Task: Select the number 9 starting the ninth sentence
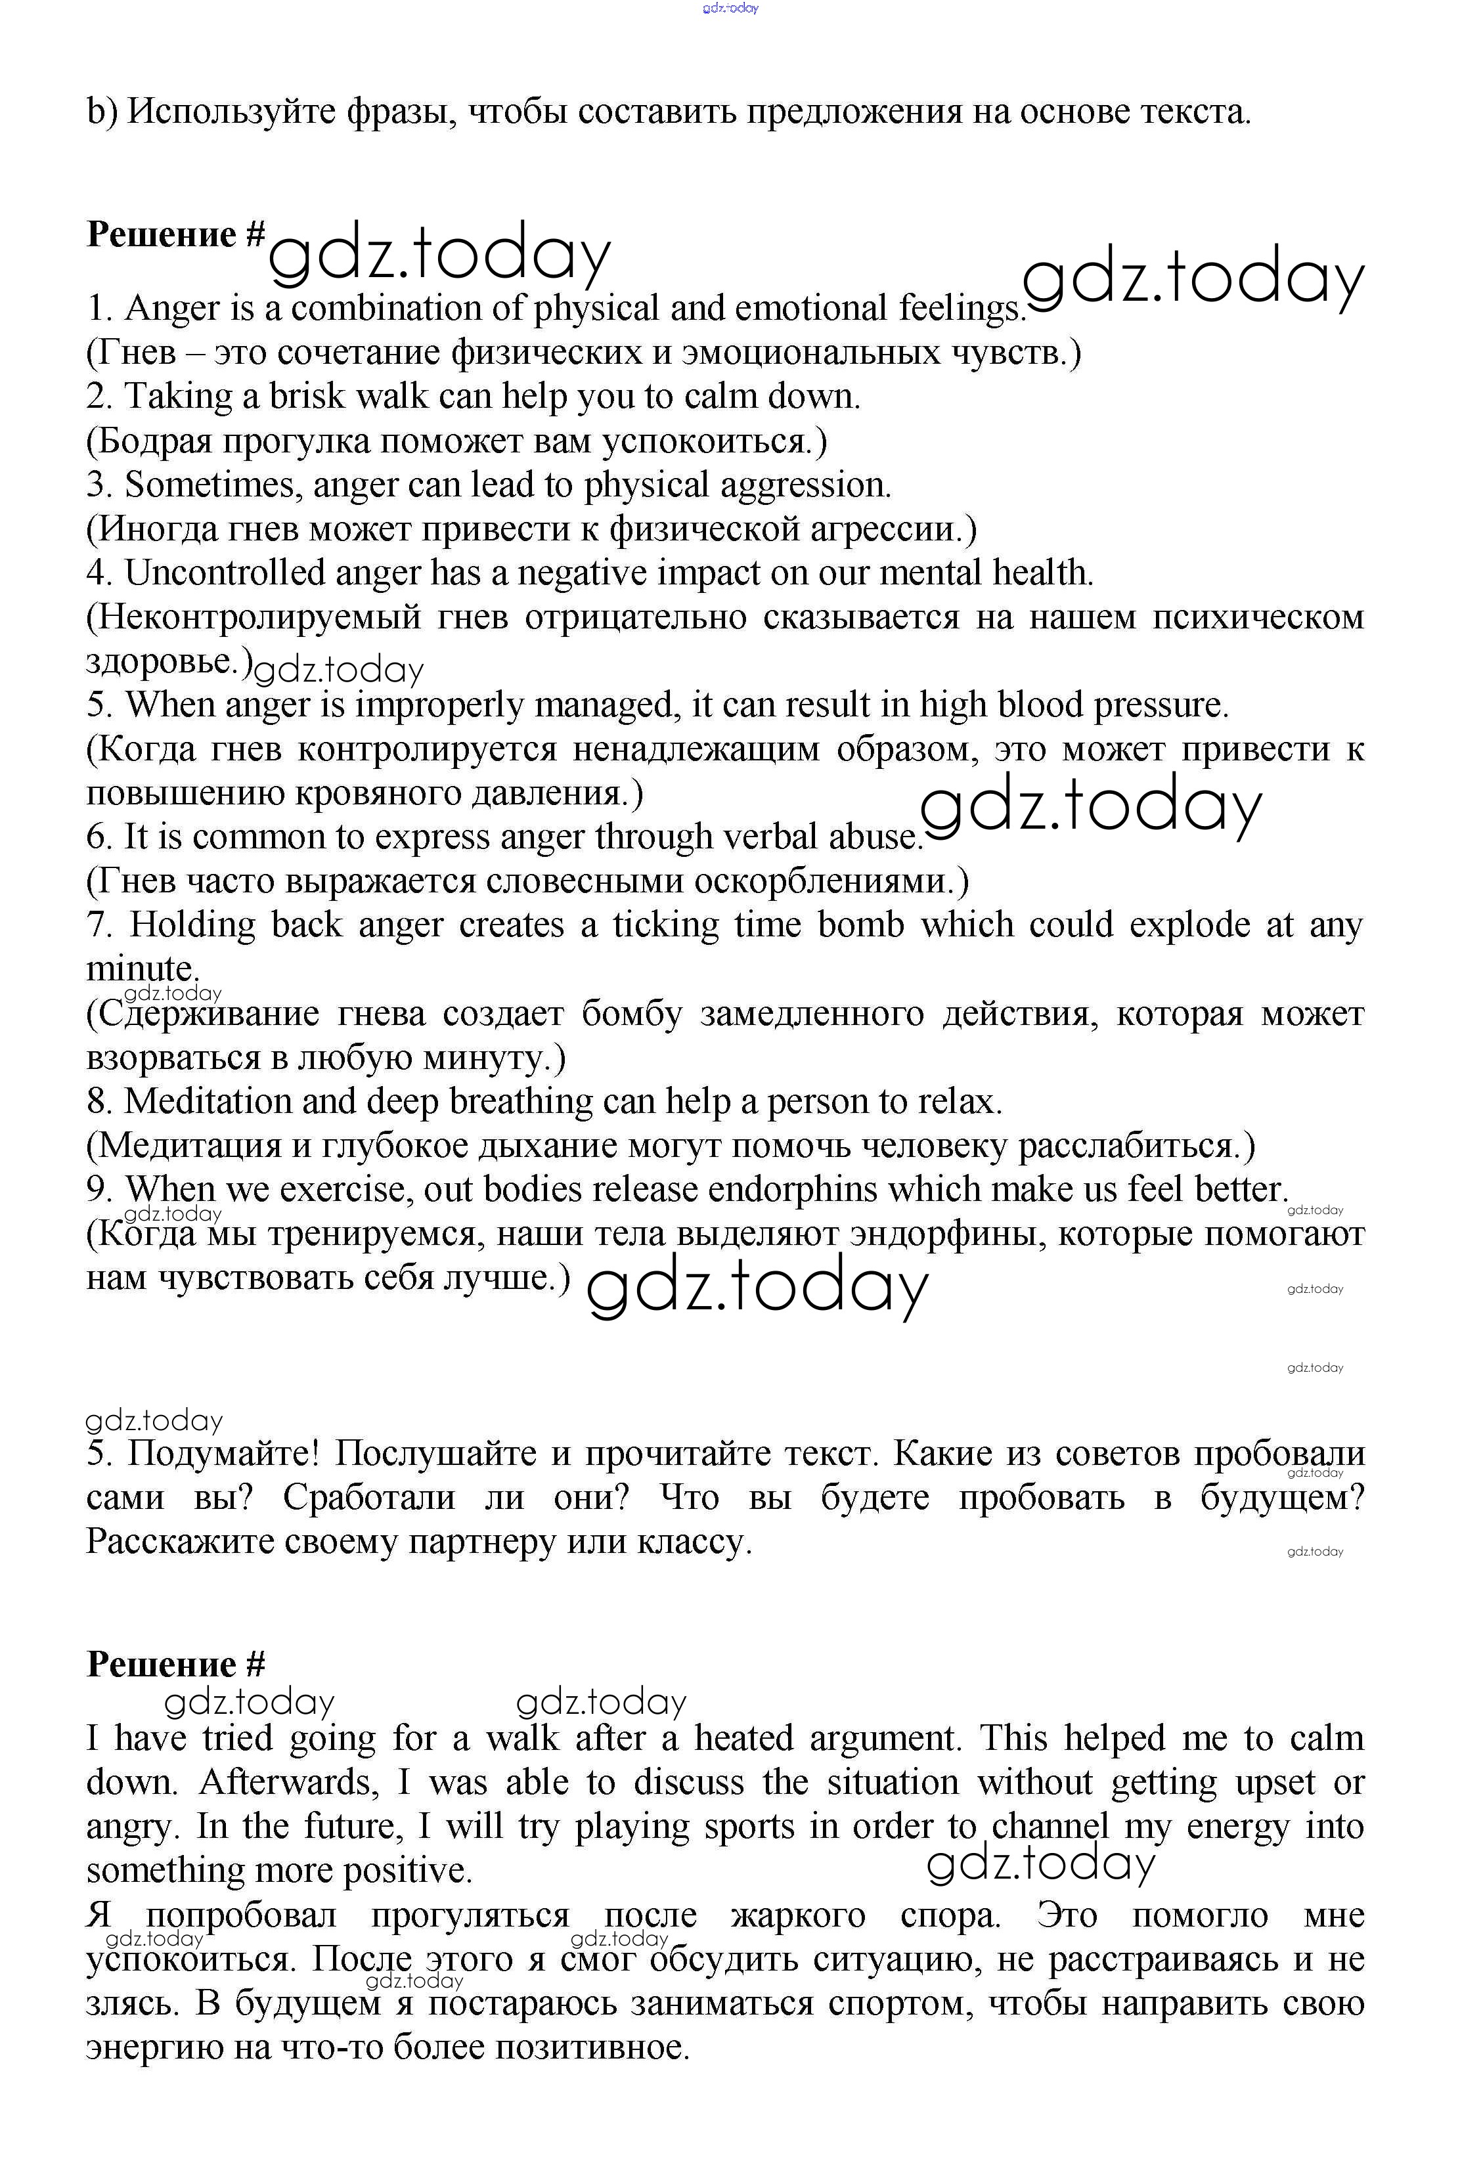(x=98, y=1190)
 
